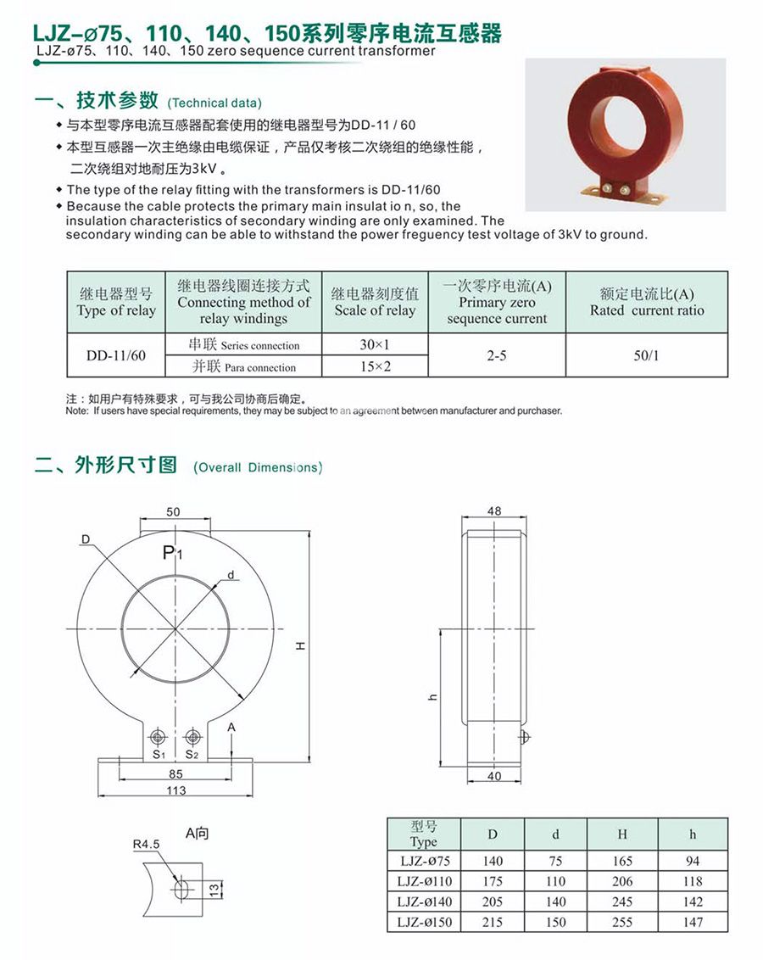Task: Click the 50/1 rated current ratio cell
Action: point(646,356)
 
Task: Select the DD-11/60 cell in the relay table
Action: point(116,356)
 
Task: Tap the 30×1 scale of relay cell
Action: point(374,345)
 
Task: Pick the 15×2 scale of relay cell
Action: point(374,366)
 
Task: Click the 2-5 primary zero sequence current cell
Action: point(497,356)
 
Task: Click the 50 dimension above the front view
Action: point(173,512)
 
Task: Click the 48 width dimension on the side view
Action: point(495,511)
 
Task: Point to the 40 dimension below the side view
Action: point(495,776)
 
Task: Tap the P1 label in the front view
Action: point(173,554)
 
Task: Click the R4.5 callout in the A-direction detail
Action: point(146,844)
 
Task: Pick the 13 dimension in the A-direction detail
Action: point(214,889)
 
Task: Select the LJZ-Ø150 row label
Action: point(422,922)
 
